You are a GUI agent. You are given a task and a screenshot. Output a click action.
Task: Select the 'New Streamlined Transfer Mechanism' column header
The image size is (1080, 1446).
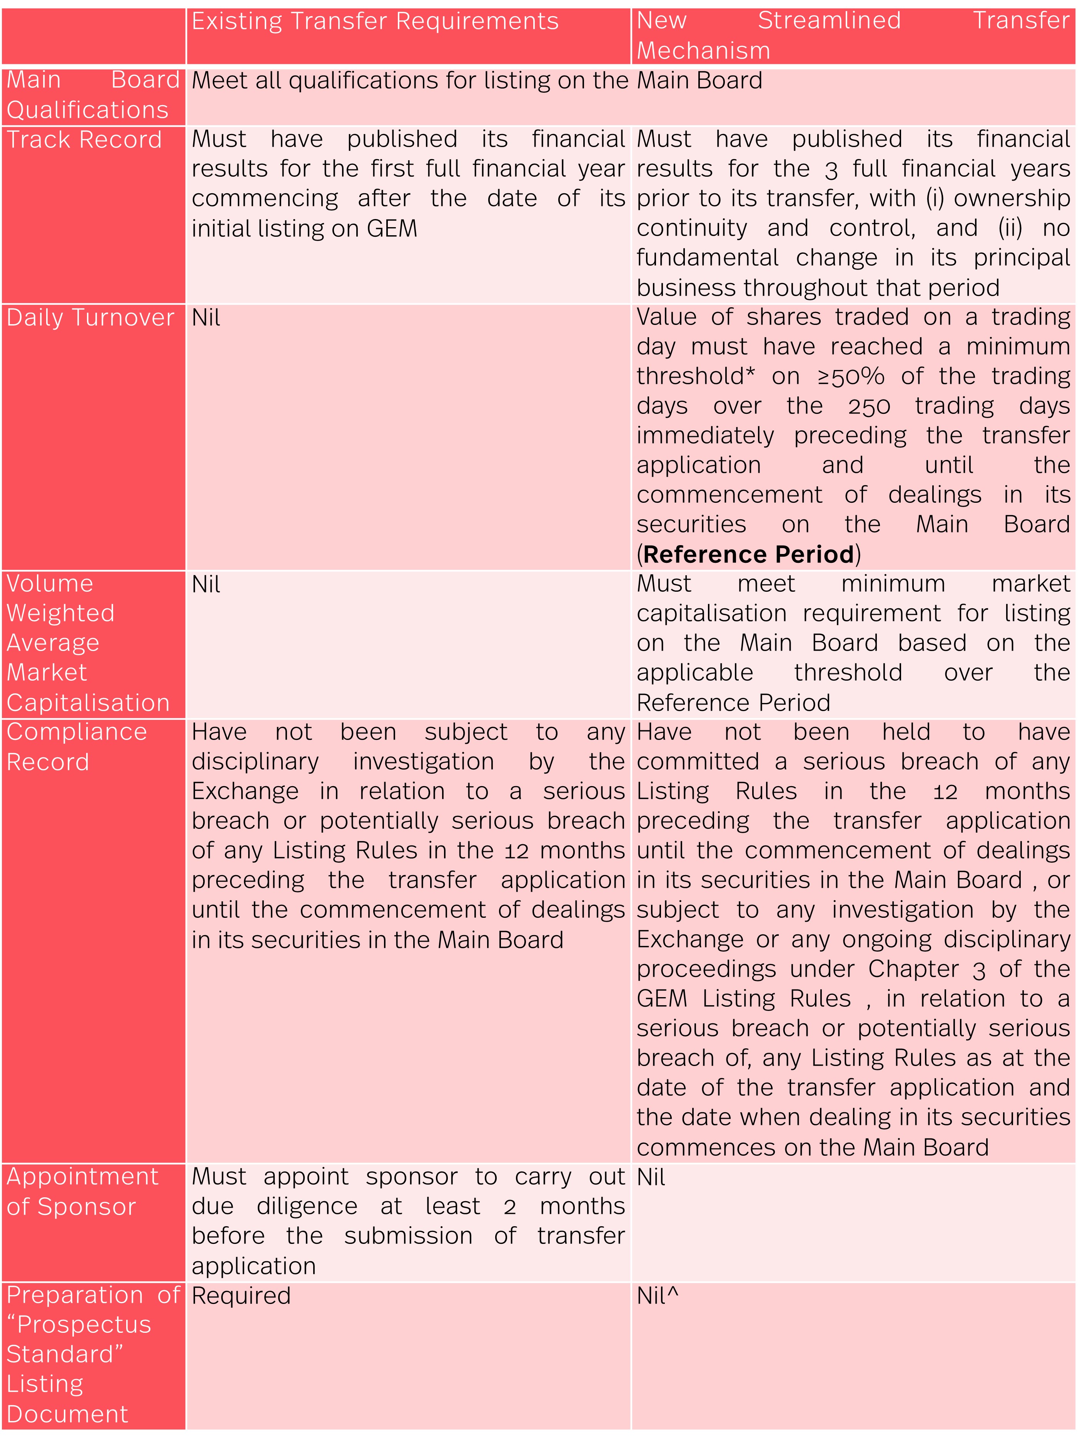[x=853, y=35]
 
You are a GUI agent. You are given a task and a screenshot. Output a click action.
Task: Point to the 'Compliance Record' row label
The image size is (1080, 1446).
[x=77, y=746]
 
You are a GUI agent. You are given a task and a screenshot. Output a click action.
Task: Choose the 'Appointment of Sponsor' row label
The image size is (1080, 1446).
[x=82, y=1191]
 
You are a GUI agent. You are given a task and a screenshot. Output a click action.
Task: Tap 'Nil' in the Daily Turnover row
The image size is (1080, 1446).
[x=206, y=318]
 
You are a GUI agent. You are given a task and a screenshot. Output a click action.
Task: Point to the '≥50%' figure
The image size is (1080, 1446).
[x=851, y=377]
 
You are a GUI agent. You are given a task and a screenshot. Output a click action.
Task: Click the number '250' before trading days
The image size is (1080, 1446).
[x=869, y=407]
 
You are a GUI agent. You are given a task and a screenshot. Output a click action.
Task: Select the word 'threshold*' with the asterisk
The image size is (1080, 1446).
[x=696, y=377]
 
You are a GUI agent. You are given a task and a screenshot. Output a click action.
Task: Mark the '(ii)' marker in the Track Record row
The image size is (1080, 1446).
[x=1010, y=228]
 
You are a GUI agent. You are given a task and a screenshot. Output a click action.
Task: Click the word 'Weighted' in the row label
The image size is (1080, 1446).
[x=61, y=613]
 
